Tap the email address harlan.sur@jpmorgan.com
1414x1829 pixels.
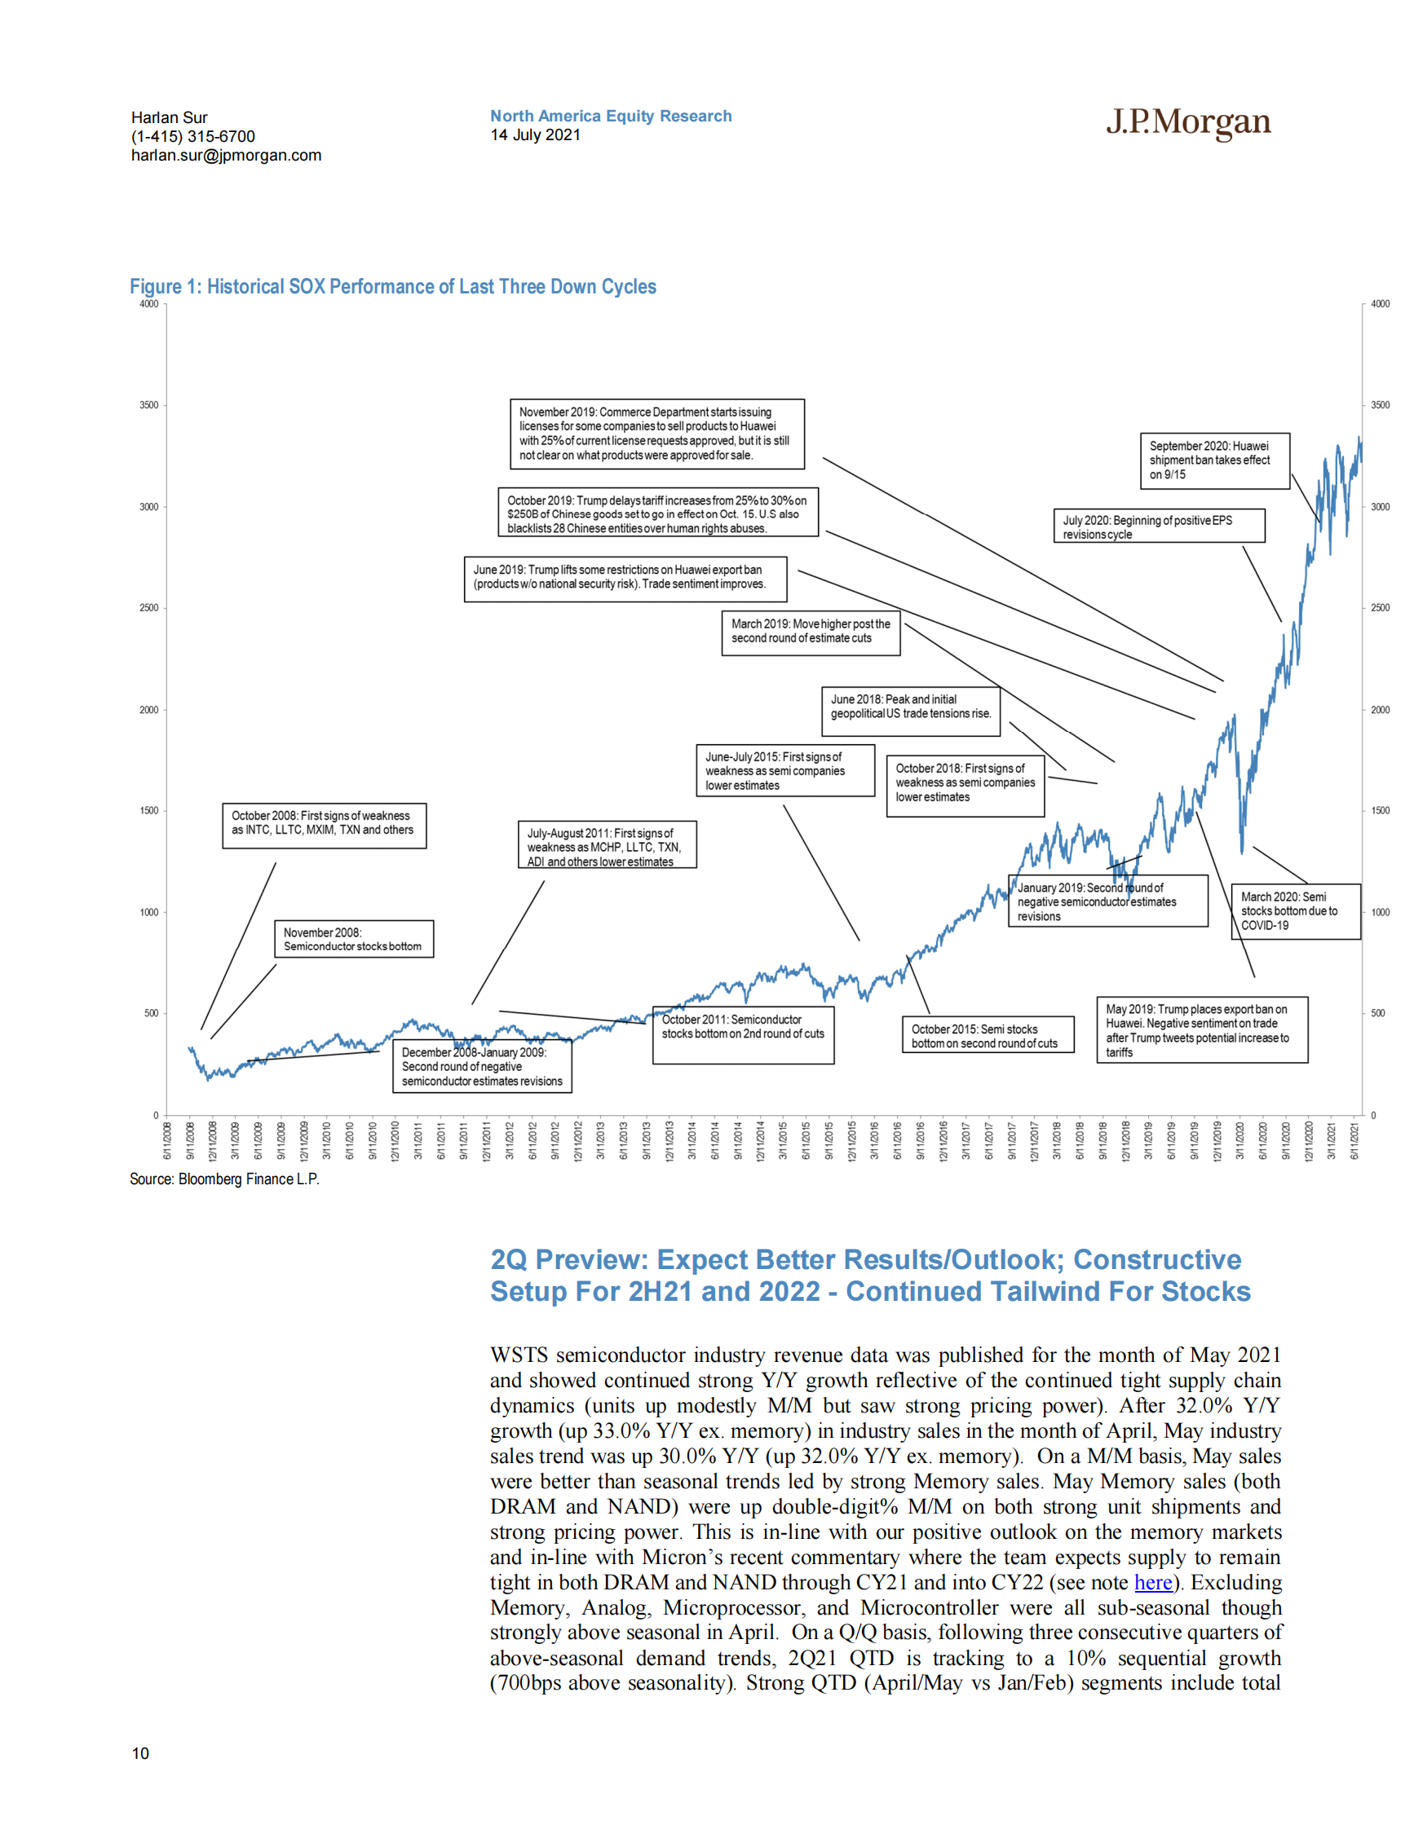click(x=226, y=155)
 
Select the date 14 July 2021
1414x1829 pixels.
click(x=535, y=134)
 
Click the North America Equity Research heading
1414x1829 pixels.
click(x=611, y=116)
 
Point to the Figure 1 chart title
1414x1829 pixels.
click(x=392, y=286)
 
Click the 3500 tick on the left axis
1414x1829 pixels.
click(x=149, y=405)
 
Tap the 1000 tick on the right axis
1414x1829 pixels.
click(x=1380, y=912)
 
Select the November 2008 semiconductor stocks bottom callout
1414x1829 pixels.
click(x=354, y=939)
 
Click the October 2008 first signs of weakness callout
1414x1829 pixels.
click(x=324, y=825)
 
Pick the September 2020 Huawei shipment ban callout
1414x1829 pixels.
click(x=1213, y=461)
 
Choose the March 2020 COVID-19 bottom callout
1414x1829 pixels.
click(x=1294, y=911)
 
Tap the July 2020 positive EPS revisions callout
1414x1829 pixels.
click(x=1159, y=527)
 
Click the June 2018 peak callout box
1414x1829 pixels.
click(x=910, y=711)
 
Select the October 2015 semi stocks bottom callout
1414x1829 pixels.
click(x=988, y=1035)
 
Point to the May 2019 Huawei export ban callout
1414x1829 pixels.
click(x=1201, y=1030)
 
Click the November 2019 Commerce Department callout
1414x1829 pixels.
click(x=656, y=434)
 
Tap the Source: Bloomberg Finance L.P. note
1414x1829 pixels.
click(x=224, y=1179)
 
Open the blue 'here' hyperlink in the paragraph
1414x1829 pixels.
click(x=1152, y=1582)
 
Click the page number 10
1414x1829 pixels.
click(x=141, y=1752)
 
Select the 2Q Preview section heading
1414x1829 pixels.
click(x=869, y=1276)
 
